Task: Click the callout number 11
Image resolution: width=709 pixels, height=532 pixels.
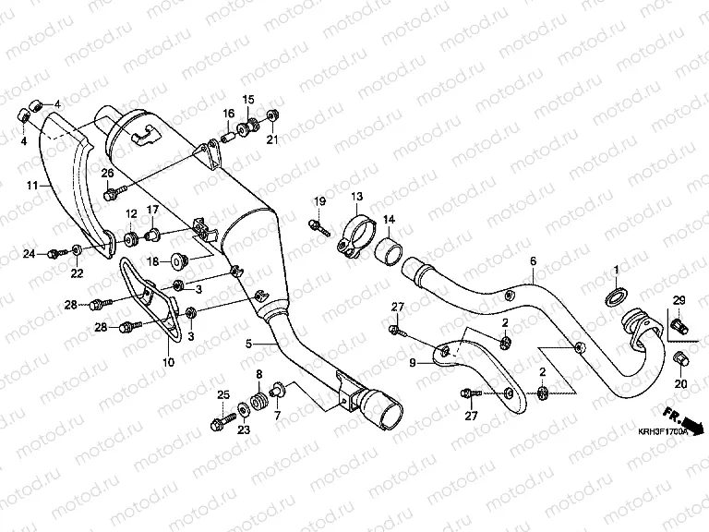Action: tap(31, 186)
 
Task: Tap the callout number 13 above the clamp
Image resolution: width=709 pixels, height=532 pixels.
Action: tap(357, 196)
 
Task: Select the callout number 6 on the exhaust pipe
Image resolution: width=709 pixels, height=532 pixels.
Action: tap(533, 261)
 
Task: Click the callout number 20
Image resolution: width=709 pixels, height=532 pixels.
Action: tap(681, 384)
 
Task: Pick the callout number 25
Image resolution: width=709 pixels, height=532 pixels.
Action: tap(222, 395)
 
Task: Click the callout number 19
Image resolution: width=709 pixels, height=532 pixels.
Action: tap(319, 201)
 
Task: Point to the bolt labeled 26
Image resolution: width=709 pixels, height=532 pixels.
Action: tap(112, 194)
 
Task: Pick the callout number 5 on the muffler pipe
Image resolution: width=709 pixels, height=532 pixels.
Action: tap(248, 344)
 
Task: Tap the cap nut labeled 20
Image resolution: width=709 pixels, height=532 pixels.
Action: tap(681, 358)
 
